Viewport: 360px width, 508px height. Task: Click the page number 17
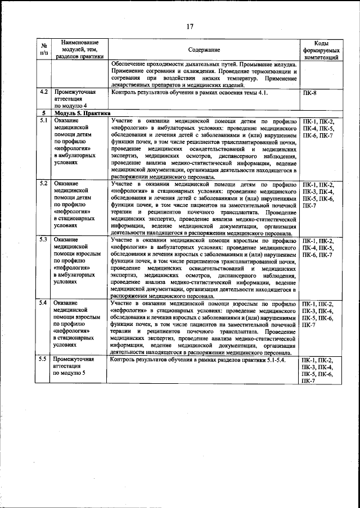(190, 25)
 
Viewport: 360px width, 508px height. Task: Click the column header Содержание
(203, 50)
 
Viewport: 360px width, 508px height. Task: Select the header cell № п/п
(44, 50)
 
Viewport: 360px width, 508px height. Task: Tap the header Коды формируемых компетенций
(320, 50)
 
